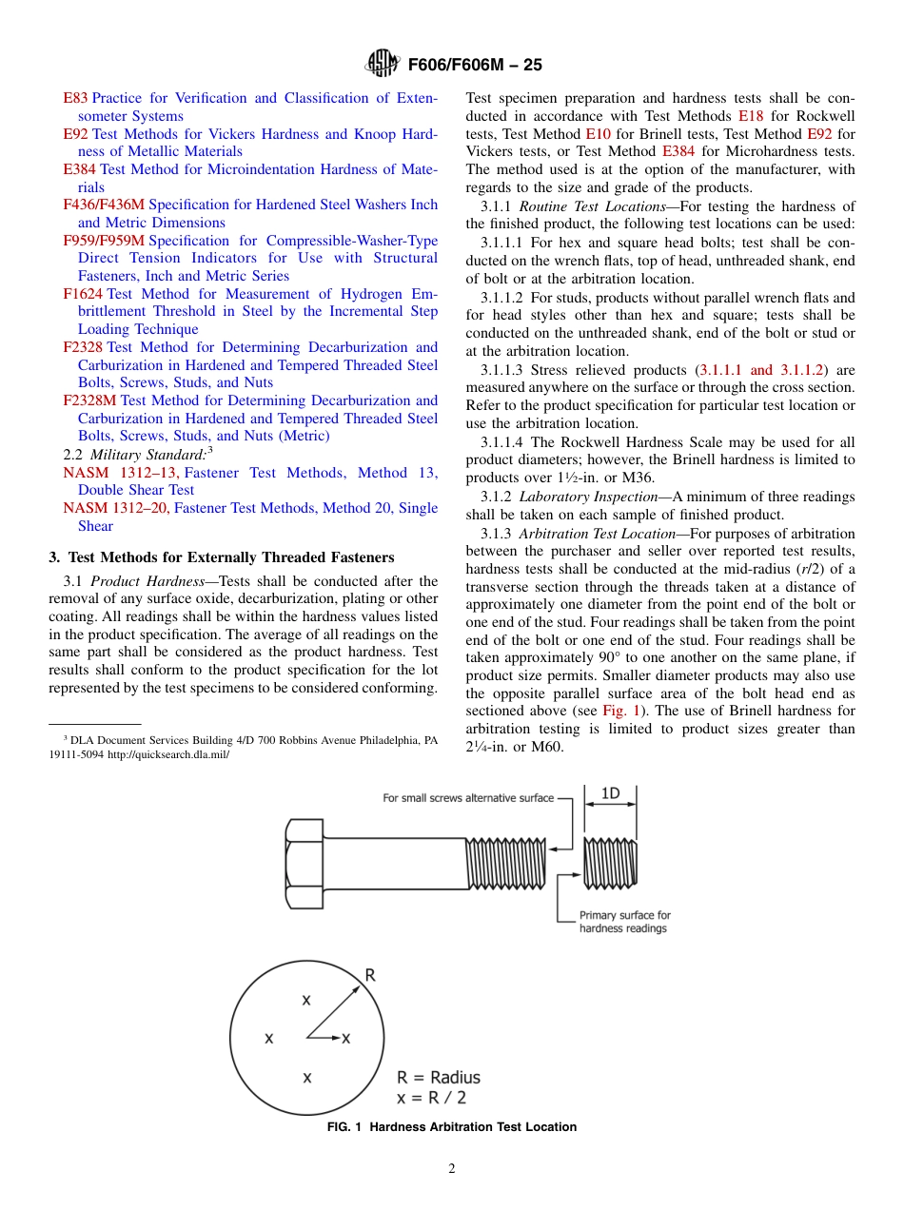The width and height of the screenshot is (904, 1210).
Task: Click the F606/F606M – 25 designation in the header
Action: pos(475,65)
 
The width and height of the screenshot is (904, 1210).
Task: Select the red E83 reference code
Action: pos(75,98)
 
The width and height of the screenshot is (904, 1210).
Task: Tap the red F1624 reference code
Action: pos(83,294)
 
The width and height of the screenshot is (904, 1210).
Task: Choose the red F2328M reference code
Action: pos(89,400)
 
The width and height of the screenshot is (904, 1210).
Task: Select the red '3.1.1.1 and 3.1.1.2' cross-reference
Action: pos(760,369)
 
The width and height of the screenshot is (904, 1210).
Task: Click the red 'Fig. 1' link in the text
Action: pos(620,711)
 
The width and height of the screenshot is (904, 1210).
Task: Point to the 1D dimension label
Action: pos(610,793)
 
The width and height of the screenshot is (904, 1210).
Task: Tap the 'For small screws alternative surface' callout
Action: pos(467,798)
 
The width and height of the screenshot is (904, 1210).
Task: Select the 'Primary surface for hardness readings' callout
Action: pos(624,922)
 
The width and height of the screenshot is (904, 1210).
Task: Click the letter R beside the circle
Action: pos(370,975)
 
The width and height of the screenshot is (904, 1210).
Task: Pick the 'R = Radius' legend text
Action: pos(439,1078)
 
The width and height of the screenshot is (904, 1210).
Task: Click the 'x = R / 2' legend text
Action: pos(431,1098)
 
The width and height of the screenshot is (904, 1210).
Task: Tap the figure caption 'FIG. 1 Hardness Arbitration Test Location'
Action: pos(451,1127)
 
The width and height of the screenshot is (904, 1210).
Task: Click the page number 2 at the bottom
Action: pos(452,1169)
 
